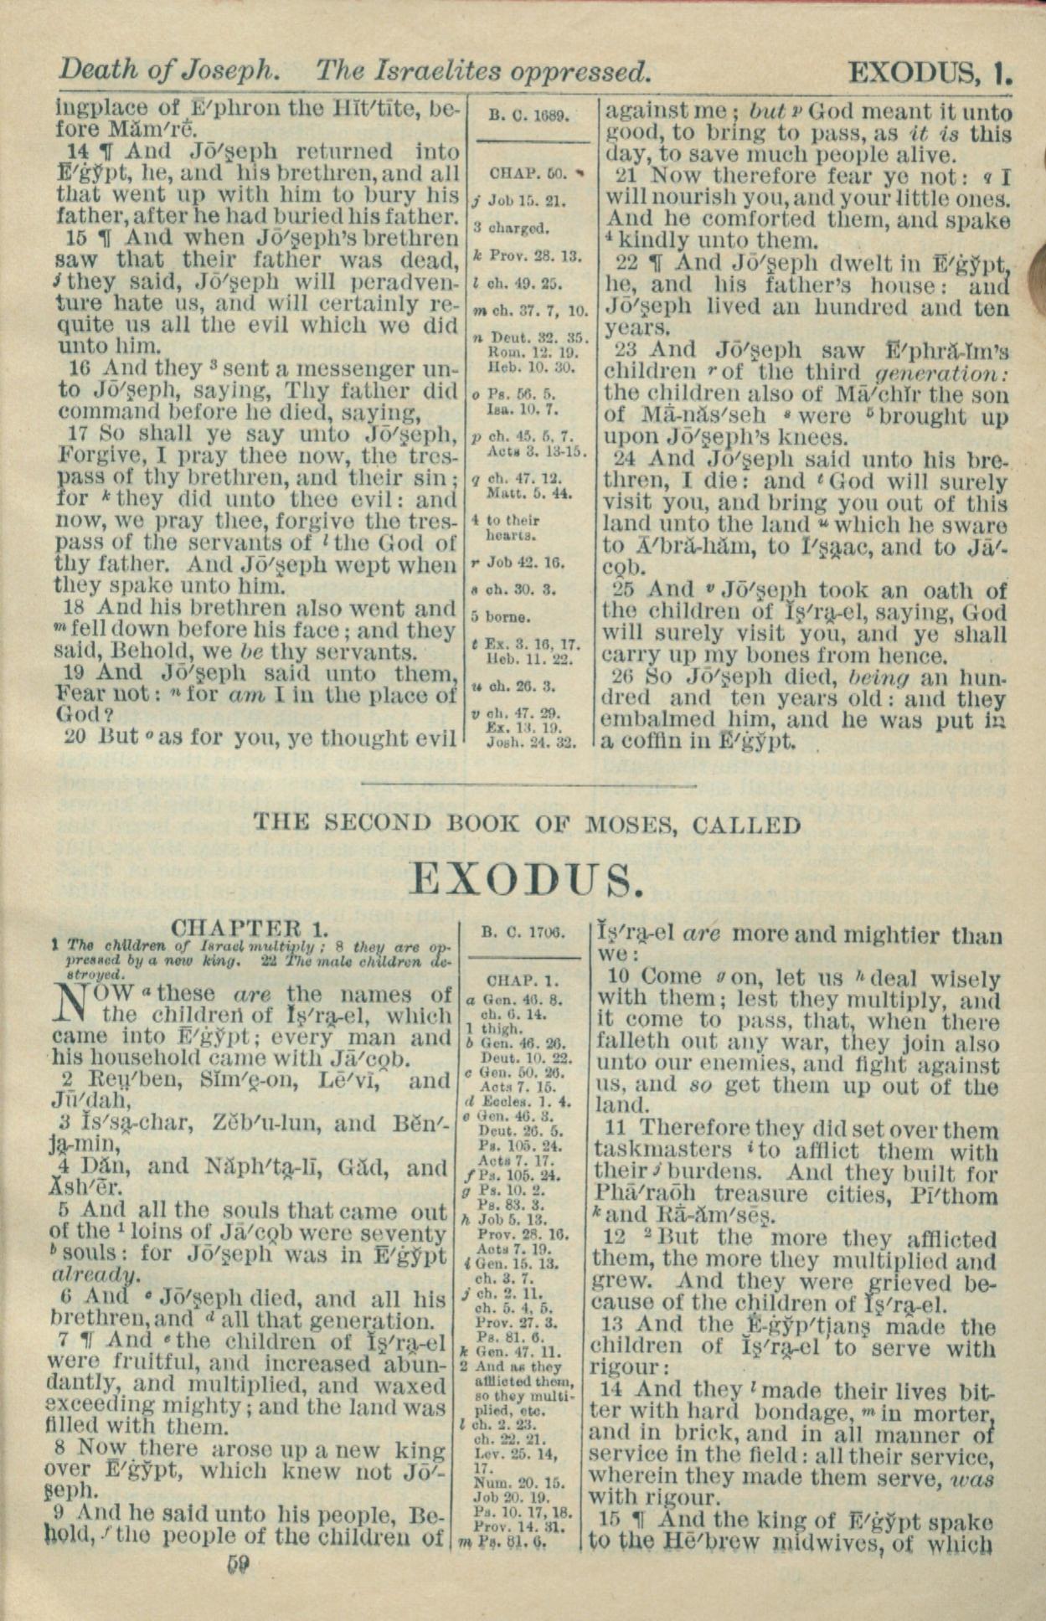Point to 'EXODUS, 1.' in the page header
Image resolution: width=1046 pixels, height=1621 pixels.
930,74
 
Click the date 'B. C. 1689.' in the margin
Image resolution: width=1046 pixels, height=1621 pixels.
528,115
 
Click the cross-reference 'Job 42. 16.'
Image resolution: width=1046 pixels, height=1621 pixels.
532,563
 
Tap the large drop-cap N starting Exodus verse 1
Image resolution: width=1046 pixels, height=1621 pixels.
74,1004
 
